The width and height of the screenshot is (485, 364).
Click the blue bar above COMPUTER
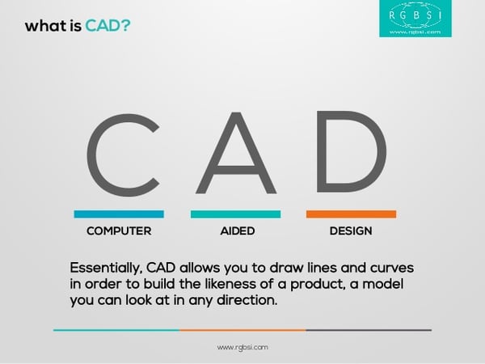[119, 214]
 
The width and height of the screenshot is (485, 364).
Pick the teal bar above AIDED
[235, 214]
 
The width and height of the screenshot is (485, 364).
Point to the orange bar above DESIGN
[351, 214]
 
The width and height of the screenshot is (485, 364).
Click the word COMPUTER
[119, 231]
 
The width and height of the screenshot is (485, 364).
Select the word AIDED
[237, 231]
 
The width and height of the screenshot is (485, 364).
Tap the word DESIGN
[351, 231]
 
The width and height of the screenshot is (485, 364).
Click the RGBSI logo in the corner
[415, 19]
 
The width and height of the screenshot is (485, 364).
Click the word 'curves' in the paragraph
[390, 266]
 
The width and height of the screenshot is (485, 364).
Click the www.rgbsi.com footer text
[242, 346]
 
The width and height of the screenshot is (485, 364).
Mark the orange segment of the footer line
[242, 330]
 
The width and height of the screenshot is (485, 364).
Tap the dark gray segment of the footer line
[369, 330]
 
